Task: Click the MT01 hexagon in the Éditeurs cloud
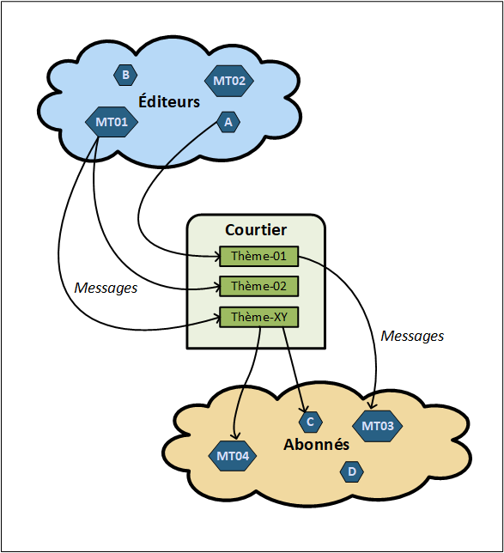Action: [112, 122]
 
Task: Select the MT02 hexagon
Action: [228, 81]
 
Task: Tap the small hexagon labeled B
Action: [125, 76]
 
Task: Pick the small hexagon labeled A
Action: [228, 123]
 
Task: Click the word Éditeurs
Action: [169, 102]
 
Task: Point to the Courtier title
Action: [256, 229]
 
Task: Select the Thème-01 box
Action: [258, 256]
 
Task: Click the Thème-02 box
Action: [258, 286]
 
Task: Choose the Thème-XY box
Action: [258, 317]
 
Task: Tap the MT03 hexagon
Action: [378, 426]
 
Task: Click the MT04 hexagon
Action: [234, 455]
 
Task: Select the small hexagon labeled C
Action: [310, 422]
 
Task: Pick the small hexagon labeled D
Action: [351, 471]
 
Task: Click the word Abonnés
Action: [317, 445]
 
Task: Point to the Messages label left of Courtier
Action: [106, 289]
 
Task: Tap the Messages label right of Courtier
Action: [412, 336]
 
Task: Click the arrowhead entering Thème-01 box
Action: [216, 256]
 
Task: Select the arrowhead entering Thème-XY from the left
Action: [216, 318]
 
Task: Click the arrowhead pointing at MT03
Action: [373, 406]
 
